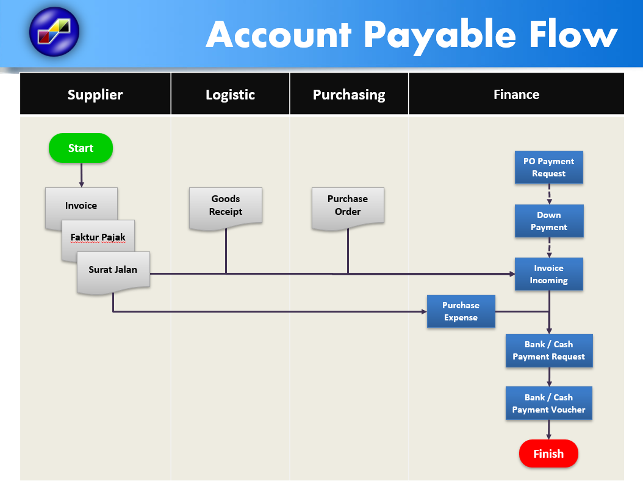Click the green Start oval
(x=81, y=148)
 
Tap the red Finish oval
(x=548, y=453)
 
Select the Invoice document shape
(x=81, y=205)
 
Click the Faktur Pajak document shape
(x=98, y=237)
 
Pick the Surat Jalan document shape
(x=113, y=270)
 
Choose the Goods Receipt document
(x=226, y=206)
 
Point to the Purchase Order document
(x=348, y=206)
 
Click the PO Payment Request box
(x=548, y=167)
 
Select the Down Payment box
(x=548, y=221)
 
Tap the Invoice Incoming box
(x=548, y=274)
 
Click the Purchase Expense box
(x=461, y=311)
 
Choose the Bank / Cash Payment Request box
(x=548, y=350)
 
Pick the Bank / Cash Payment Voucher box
(x=548, y=403)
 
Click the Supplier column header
(x=95, y=95)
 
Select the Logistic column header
(x=230, y=95)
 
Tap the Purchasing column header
(x=349, y=95)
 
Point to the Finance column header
(x=516, y=95)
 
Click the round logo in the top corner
(x=54, y=32)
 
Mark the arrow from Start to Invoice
(x=81, y=175)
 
